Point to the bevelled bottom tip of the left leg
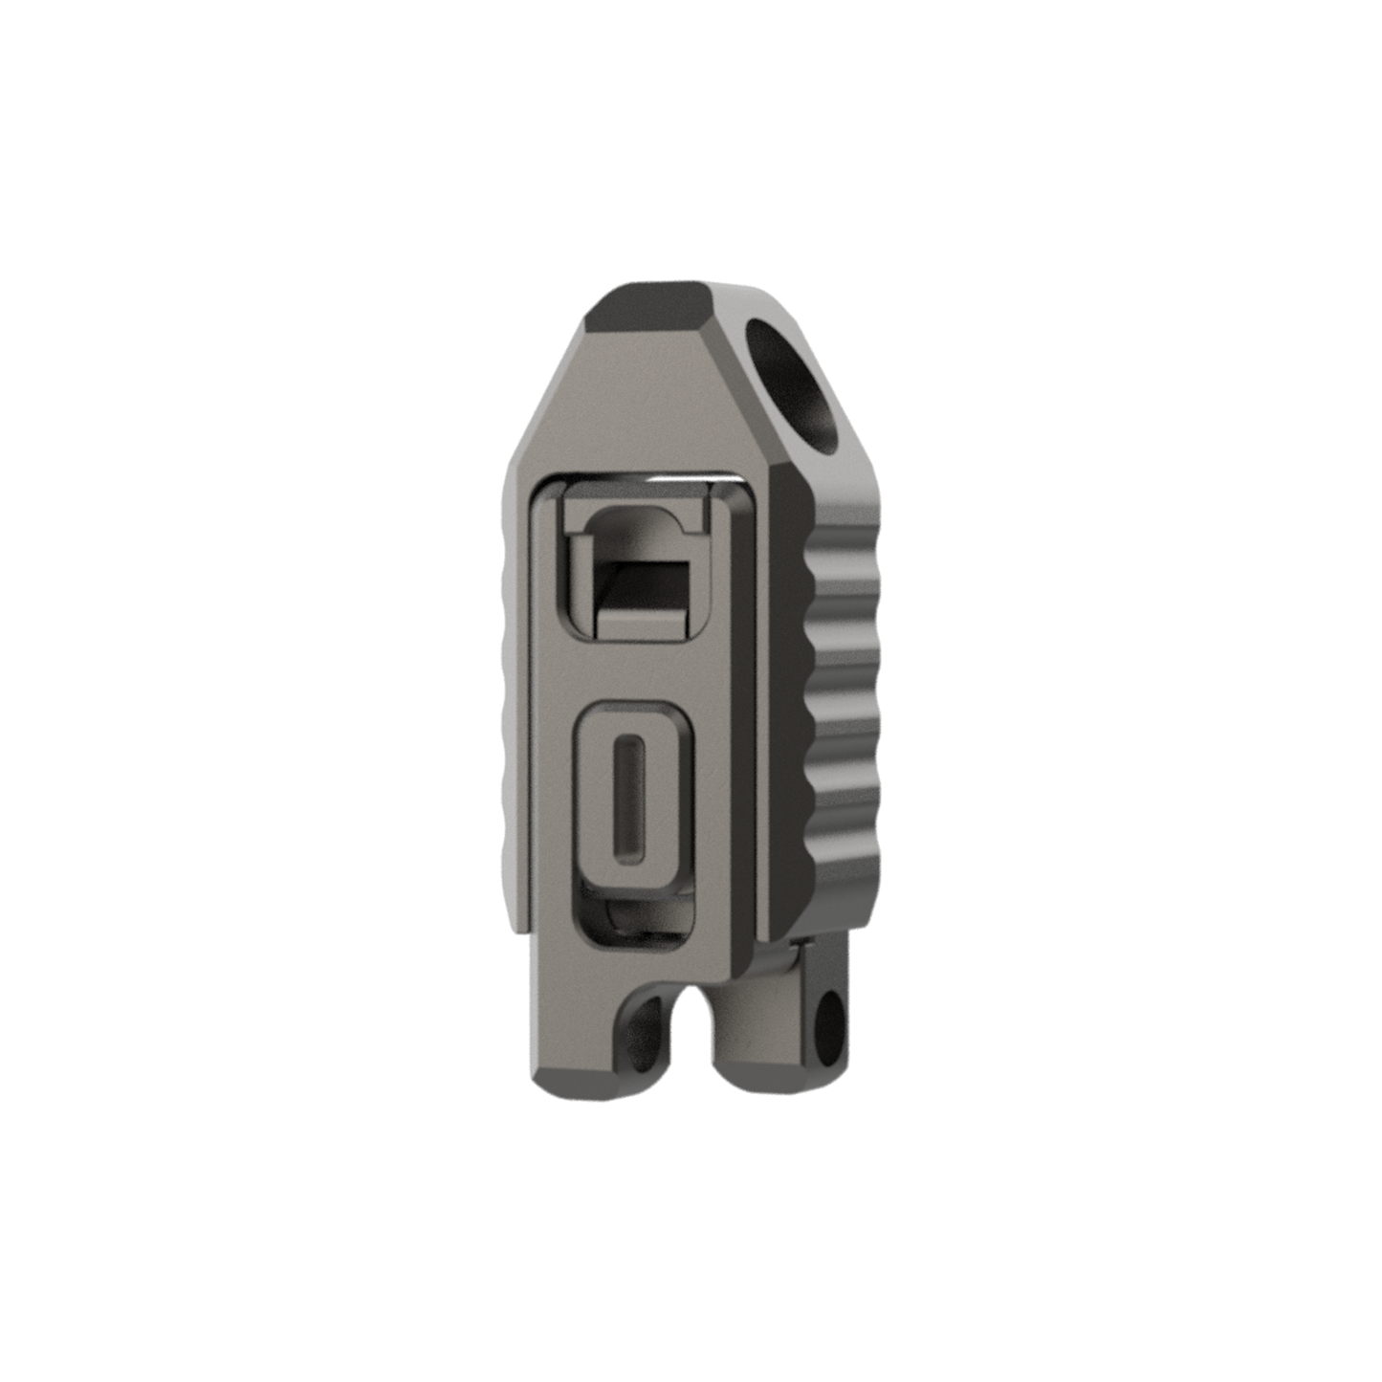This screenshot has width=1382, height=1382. pos(574,1087)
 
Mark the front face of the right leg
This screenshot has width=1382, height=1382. pos(756,1014)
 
